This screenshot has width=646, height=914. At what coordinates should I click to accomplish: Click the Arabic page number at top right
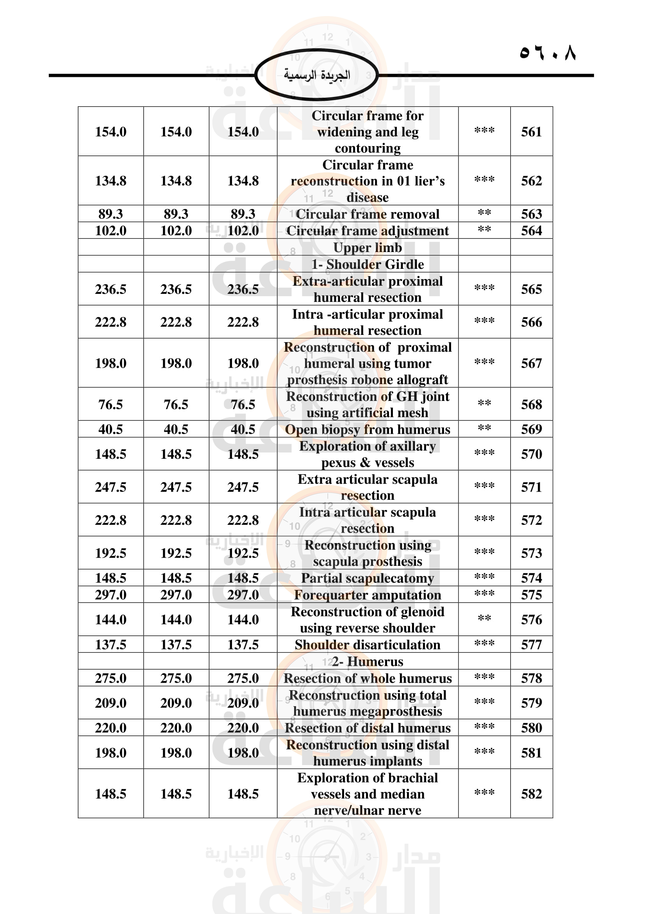tap(548, 52)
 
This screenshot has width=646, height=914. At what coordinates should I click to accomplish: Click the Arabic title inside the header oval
tap(317, 75)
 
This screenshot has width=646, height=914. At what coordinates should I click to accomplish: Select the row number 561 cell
tap(532, 132)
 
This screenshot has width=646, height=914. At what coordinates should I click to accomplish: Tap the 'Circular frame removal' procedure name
tap(368, 214)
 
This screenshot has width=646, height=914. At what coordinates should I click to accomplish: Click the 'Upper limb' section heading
tap(368, 248)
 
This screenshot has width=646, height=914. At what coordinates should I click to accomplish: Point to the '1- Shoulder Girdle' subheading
tap(368, 264)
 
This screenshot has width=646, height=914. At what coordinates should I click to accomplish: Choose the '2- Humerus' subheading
tap(368, 661)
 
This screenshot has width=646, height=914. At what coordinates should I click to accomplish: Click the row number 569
tap(532, 429)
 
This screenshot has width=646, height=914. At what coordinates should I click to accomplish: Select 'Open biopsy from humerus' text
tap(368, 429)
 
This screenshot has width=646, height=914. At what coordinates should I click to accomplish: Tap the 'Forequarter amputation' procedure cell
tap(368, 595)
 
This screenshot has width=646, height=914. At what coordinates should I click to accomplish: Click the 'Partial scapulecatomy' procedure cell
tap(368, 578)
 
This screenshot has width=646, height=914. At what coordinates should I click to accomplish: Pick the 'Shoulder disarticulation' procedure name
tap(368, 644)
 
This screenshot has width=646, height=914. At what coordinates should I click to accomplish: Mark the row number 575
tap(532, 595)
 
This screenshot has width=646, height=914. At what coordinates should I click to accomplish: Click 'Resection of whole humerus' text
tap(368, 678)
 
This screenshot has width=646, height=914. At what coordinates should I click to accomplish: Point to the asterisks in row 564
tap(484, 229)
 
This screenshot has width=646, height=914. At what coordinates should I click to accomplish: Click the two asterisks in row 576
tap(484, 618)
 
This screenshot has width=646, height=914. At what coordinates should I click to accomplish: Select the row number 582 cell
tap(532, 794)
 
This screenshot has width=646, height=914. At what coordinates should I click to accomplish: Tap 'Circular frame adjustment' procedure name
tap(368, 231)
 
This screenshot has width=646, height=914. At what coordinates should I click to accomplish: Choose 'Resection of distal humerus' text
tap(368, 728)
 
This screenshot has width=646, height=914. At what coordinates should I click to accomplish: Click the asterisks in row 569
tap(484, 428)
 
